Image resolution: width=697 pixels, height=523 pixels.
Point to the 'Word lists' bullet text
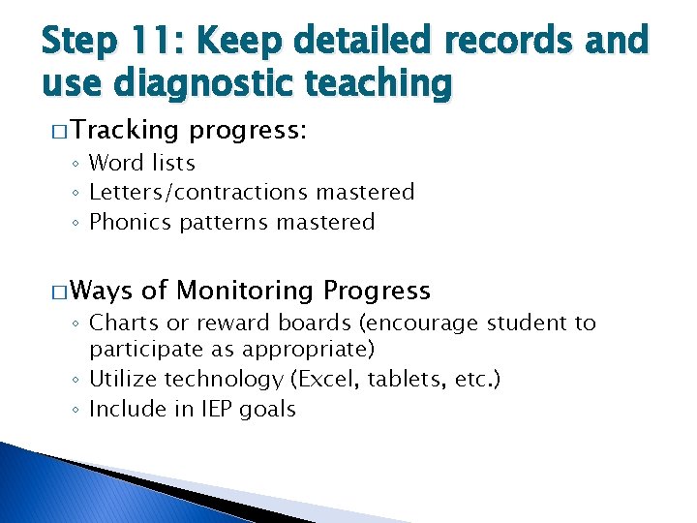tap(142, 163)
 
